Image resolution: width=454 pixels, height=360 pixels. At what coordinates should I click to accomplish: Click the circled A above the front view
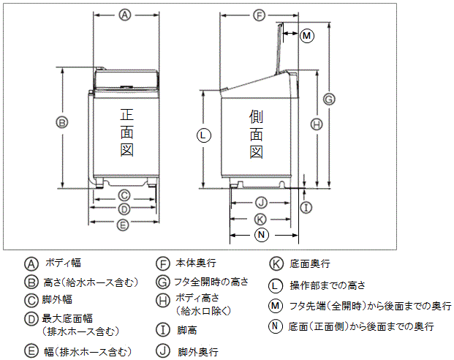point(125,15)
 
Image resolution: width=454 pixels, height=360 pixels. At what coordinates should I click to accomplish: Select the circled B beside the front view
point(63,122)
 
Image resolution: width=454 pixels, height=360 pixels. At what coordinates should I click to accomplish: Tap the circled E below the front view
point(124,224)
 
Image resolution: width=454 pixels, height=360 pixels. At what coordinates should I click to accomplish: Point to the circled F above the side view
point(260,15)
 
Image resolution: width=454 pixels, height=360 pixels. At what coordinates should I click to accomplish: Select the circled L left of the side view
point(204,134)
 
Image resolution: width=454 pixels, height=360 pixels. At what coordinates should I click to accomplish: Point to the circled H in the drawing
point(316,124)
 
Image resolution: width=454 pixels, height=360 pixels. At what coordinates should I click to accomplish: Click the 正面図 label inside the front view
point(126,132)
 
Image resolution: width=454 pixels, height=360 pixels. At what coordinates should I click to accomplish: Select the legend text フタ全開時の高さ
point(211,281)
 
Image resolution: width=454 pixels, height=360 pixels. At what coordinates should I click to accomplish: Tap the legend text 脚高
point(187,330)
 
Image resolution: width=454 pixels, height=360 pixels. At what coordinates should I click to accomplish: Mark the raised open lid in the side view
point(279,48)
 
